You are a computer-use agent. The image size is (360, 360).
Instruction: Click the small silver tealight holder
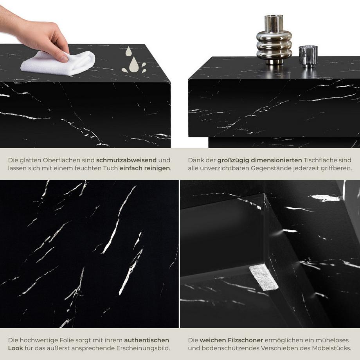[x=308, y=56]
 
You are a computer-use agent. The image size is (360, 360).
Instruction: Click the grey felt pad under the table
[x=264, y=277]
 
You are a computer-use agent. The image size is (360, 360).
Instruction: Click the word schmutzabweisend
[x=126, y=160]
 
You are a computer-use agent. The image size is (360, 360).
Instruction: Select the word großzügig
[x=231, y=160]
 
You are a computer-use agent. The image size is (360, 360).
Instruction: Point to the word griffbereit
[x=335, y=168]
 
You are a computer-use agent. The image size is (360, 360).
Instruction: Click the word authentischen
[x=147, y=340]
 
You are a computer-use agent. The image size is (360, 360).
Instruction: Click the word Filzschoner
[x=244, y=340]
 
